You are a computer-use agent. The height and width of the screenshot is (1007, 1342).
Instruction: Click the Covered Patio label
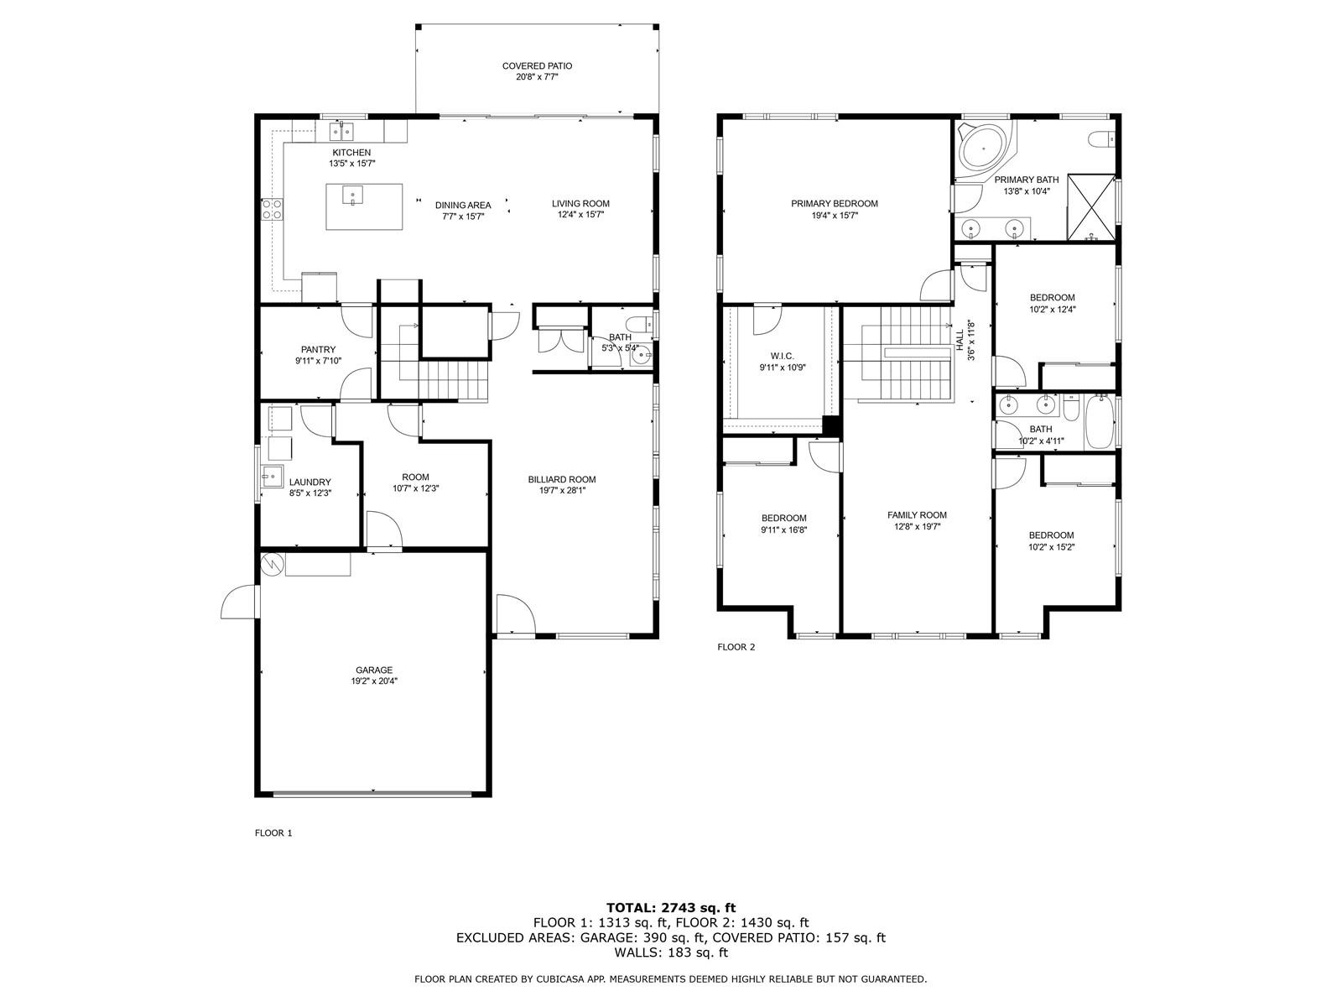tap(537, 66)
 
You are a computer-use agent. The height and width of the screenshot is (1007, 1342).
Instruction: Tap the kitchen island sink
tap(353, 195)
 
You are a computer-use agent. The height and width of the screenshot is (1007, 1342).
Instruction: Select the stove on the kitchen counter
tap(272, 209)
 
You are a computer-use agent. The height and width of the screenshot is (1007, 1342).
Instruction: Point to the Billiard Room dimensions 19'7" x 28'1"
tap(562, 490)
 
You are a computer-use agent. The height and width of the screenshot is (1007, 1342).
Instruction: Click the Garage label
tap(374, 670)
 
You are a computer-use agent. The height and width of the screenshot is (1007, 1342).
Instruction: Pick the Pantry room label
tap(318, 350)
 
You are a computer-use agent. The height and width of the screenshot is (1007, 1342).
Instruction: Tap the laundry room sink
tap(272, 476)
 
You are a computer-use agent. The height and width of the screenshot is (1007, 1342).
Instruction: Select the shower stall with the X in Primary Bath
tap(1090, 207)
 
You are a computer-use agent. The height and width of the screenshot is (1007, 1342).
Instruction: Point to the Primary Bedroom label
tap(834, 204)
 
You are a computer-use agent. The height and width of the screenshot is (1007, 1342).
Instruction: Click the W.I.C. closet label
tap(782, 357)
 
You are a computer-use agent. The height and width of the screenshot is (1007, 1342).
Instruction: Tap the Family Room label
tap(917, 515)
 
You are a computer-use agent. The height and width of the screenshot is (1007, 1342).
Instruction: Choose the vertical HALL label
tap(960, 340)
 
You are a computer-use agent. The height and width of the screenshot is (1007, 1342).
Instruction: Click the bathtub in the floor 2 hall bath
tap(1100, 422)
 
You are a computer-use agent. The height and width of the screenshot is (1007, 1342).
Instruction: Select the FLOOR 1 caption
tap(273, 832)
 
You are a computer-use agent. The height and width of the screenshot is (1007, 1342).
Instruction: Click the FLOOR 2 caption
tap(736, 647)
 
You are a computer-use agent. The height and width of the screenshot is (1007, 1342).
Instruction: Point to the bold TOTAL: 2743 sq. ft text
tap(671, 907)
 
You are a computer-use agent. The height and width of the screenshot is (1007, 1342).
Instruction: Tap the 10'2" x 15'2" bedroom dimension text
tap(1051, 547)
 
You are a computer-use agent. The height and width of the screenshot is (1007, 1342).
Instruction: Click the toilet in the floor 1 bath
tap(641, 323)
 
